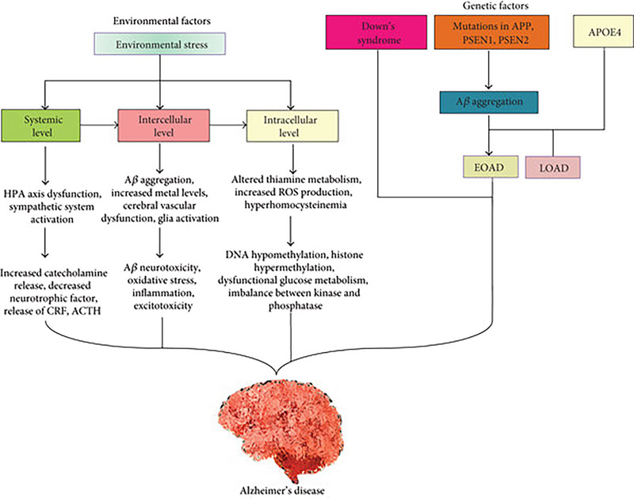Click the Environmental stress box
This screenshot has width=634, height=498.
point(161,44)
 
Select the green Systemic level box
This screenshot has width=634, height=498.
point(37,124)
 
